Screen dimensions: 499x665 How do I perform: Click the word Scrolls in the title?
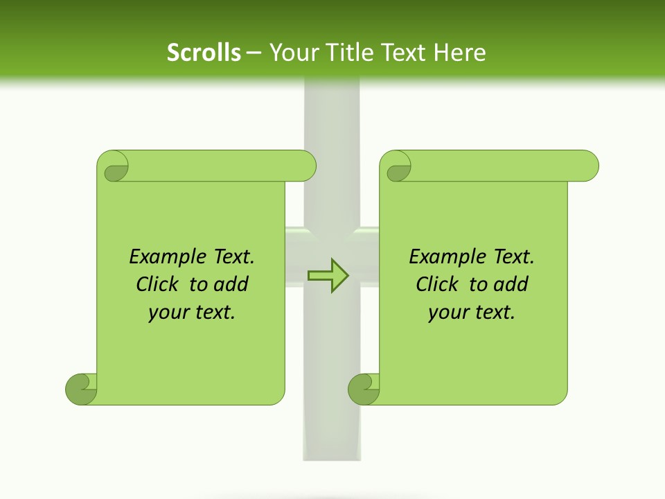click(x=204, y=52)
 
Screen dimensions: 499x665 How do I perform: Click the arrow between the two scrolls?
click(x=329, y=275)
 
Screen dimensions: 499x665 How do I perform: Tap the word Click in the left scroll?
click(x=158, y=285)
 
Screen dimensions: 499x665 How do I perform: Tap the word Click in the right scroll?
click(x=438, y=285)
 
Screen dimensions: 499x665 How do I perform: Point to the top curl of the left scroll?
click(x=114, y=167)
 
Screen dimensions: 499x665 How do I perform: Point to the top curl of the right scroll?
click(x=398, y=167)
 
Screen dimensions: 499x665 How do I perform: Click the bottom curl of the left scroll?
click(x=81, y=389)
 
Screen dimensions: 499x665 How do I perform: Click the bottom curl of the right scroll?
click(x=363, y=389)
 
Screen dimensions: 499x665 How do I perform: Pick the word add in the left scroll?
click(x=231, y=285)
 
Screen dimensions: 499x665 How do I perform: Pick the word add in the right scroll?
click(x=511, y=285)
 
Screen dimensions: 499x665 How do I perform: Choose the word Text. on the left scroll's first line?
click(x=231, y=257)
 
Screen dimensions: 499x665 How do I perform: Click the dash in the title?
click(x=254, y=53)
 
